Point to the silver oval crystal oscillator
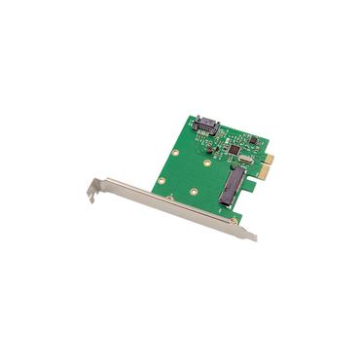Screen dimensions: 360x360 (243, 161)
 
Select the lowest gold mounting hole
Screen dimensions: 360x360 (194, 191)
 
